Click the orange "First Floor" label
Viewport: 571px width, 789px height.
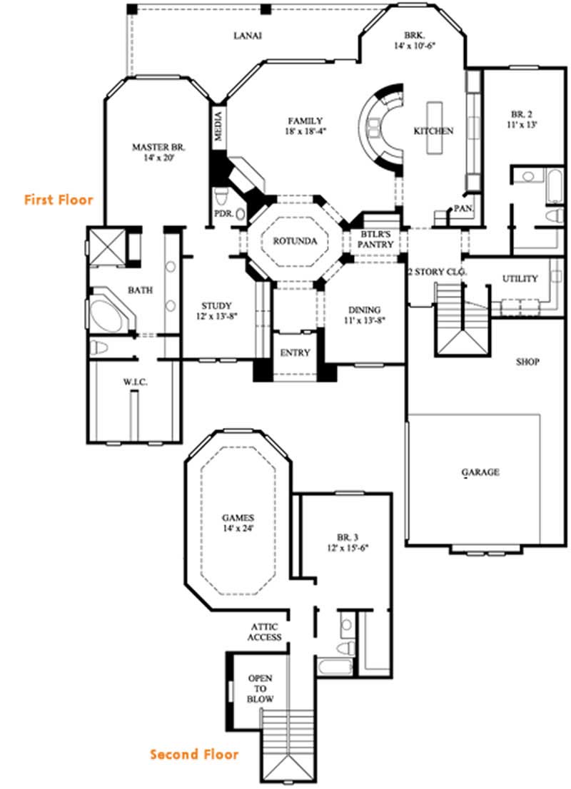[x=59, y=200]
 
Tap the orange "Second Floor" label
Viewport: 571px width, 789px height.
[x=194, y=754]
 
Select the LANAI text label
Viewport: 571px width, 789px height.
[x=247, y=36]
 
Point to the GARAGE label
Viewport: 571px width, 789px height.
[x=480, y=472]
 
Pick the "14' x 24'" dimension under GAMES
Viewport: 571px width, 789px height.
[x=238, y=529]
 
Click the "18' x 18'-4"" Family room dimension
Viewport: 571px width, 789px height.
[x=305, y=132]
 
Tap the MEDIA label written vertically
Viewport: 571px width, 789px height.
[x=219, y=127]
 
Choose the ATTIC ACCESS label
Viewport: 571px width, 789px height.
[x=265, y=631]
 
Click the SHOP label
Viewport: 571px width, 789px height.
[x=527, y=362]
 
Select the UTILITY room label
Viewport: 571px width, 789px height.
[x=520, y=278]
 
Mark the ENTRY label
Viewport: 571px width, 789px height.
[x=295, y=353]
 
